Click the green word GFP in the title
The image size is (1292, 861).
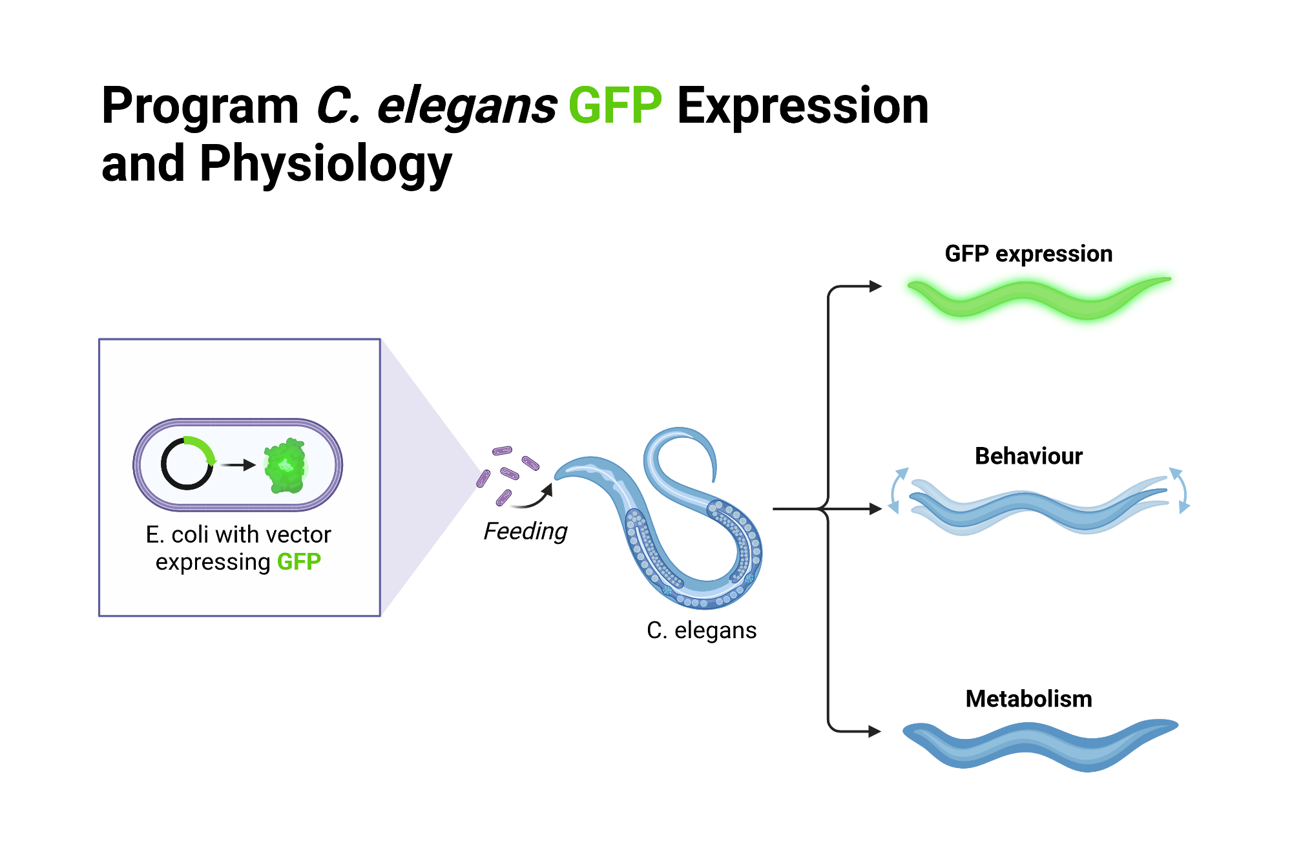tap(614, 106)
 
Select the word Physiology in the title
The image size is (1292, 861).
tap(326, 164)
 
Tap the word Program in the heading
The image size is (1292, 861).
tap(200, 106)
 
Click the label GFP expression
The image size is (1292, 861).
tap(1028, 254)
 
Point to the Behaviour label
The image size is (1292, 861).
tap(1028, 456)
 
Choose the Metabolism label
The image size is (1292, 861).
tap(1028, 699)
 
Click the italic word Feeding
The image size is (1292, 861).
tap(525, 531)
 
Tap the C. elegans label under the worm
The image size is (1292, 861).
tap(702, 630)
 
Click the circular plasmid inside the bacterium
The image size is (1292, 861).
tap(187, 464)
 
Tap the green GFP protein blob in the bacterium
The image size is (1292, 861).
tap(285, 465)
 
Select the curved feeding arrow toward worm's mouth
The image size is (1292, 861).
tap(536, 499)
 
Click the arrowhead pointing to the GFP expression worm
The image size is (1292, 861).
tap(876, 286)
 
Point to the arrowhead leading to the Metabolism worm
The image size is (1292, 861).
tap(875, 731)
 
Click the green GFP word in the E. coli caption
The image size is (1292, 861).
tap(299, 562)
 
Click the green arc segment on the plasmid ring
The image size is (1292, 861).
tap(202, 447)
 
